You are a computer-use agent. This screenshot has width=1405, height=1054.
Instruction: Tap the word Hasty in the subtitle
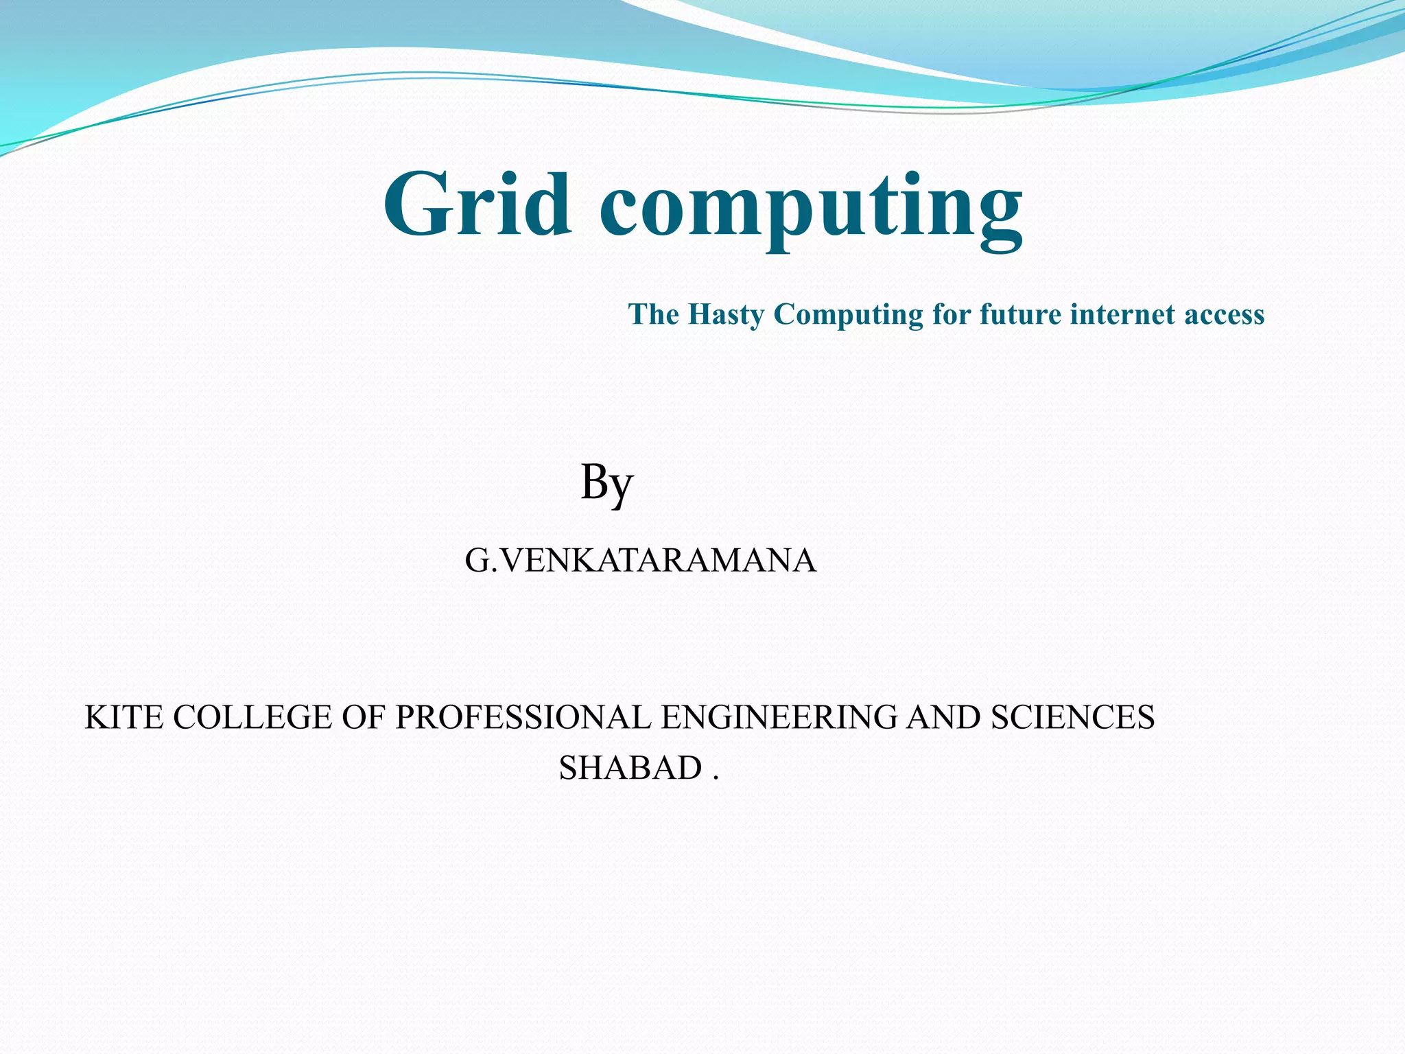[726, 315]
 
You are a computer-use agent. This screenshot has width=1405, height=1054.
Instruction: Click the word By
[606, 483]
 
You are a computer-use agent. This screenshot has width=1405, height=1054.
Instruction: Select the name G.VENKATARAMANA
[640, 561]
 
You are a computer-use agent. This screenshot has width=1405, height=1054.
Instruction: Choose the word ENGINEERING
[779, 718]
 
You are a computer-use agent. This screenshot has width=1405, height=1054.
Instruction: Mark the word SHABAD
[630, 768]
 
